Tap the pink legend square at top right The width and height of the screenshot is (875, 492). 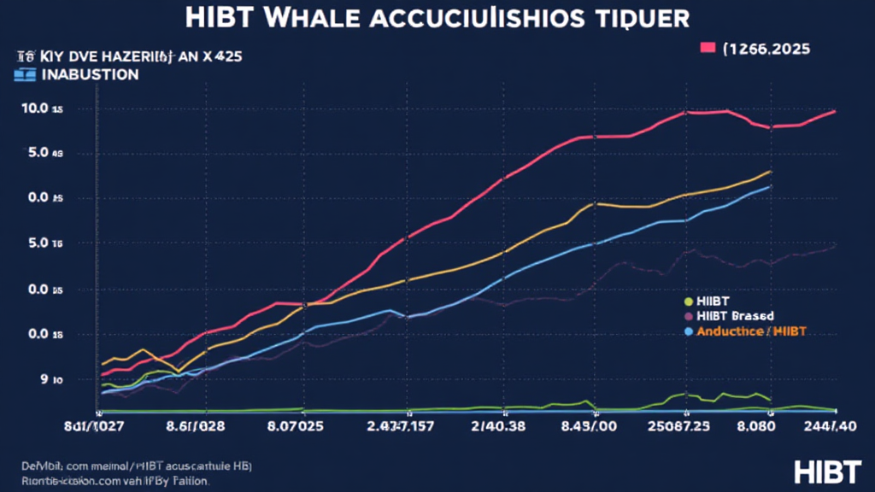708,49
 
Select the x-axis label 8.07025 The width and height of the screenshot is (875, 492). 296,425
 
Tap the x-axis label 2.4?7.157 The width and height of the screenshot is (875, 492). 400,425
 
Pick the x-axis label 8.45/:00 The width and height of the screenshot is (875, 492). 594,425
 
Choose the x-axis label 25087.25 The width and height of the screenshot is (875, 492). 680,425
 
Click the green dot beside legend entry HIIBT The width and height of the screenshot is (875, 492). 687,302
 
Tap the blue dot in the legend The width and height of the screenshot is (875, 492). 687,331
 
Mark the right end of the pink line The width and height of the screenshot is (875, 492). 834,112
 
